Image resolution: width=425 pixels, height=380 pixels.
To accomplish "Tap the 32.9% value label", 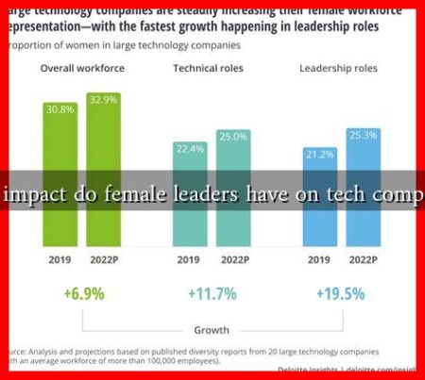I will coord(104,98).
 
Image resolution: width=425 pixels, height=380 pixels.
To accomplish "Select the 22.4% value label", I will coord(189,147).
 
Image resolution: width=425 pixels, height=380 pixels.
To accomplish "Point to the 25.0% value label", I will coord(232,138).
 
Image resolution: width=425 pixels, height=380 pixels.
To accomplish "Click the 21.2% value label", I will coord(318,154).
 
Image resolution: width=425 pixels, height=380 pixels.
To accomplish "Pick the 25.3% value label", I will coord(362,135).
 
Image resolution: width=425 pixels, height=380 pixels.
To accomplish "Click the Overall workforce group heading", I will coord(80,69).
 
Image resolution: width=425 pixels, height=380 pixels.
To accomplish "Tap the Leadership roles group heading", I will coord(338,69).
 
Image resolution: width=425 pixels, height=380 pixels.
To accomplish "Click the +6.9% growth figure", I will coord(82,294).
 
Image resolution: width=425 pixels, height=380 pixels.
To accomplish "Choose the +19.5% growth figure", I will coord(340,294).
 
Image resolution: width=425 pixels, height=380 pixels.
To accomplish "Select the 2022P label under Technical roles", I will coord(232,259).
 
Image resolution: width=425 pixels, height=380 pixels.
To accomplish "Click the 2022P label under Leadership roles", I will coord(362,259).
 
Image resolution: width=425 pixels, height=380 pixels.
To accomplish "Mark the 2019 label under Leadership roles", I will coord(318,259).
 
